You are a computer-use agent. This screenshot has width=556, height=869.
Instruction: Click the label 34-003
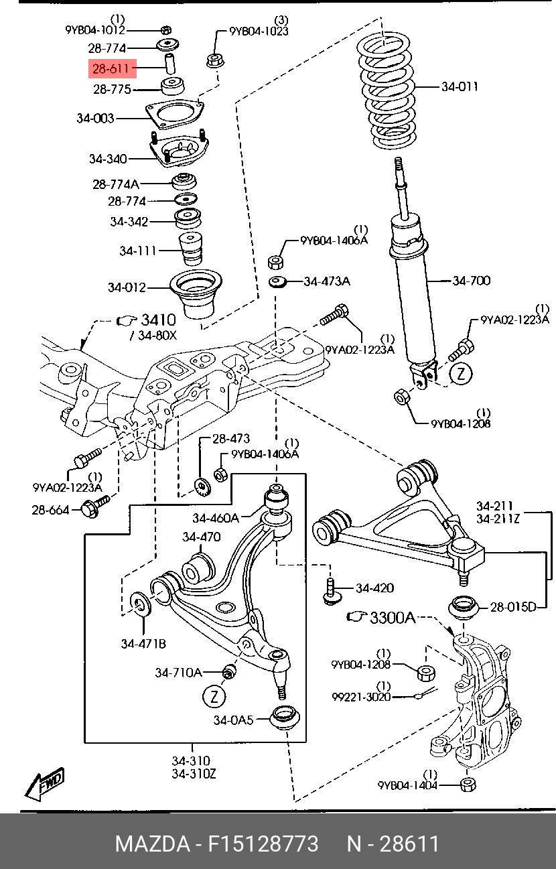click(95, 118)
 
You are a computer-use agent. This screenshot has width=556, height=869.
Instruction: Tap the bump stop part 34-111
click(190, 249)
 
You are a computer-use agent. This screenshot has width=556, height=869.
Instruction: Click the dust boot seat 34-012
click(196, 294)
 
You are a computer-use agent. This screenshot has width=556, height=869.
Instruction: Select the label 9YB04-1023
click(259, 31)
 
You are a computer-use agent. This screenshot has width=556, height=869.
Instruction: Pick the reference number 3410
click(158, 320)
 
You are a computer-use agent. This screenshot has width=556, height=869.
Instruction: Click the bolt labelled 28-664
click(95, 506)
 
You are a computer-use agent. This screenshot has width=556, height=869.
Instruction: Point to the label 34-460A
click(216, 517)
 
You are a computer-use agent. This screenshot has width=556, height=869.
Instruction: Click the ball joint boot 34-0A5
click(285, 718)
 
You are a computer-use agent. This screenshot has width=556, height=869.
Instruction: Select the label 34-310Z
click(194, 781)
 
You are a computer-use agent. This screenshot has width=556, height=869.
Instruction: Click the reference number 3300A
click(393, 617)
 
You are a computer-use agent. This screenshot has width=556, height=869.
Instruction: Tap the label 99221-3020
click(361, 697)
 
